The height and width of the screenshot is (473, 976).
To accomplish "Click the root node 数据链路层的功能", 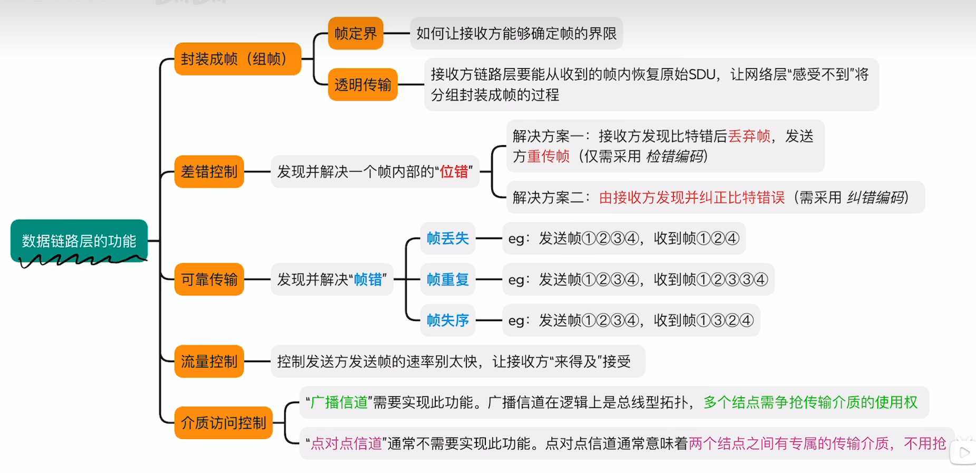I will pyautogui.click(x=79, y=241).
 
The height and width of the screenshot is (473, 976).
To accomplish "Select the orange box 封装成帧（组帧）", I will pyautogui.click(x=237, y=59).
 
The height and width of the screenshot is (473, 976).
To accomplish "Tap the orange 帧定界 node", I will pyautogui.click(x=356, y=33).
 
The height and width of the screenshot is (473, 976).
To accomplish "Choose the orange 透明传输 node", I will pyautogui.click(x=362, y=84).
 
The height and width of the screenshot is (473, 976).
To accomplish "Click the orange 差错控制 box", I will pyautogui.click(x=209, y=172).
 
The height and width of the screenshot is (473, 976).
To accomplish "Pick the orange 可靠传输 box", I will pyautogui.click(x=209, y=279).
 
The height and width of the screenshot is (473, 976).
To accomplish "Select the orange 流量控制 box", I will pyautogui.click(x=209, y=362).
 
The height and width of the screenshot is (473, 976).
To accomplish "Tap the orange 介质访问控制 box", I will pyautogui.click(x=223, y=423).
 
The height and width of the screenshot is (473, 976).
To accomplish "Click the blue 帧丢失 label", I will pyautogui.click(x=448, y=239).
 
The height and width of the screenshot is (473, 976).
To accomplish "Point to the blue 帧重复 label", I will pyautogui.click(x=448, y=279).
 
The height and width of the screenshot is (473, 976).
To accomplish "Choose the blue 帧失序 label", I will pyautogui.click(x=448, y=320).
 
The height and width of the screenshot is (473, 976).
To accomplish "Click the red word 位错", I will pyautogui.click(x=454, y=172).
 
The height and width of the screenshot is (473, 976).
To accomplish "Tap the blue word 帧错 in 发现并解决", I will pyautogui.click(x=368, y=279).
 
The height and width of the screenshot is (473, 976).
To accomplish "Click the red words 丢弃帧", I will pyautogui.click(x=749, y=136).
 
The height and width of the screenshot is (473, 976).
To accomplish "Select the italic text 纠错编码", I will pyautogui.click(x=876, y=197).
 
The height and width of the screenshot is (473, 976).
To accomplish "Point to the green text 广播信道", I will pyautogui.click(x=339, y=403).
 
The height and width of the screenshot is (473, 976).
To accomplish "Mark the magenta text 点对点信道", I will pyautogui.click(x=346, y=443).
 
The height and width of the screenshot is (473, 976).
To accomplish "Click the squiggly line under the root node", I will pyautogui.click(x=79, y=260).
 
